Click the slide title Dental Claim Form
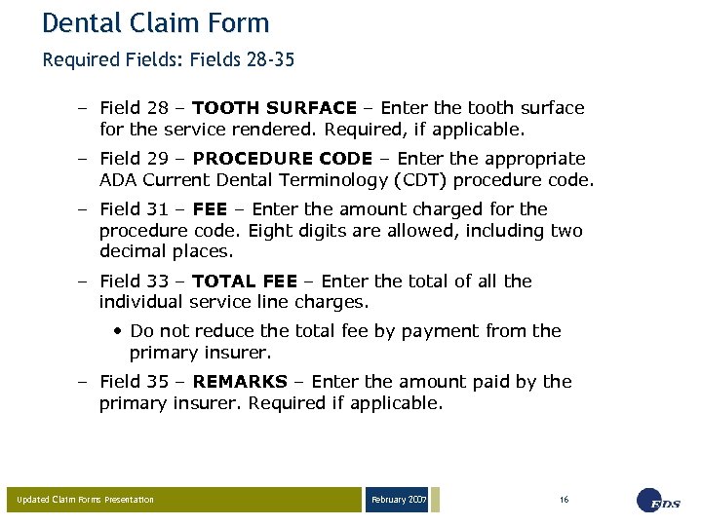click(x=156, y=22)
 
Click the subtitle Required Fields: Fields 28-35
click(x=169, y=60)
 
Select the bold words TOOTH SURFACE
click(x=275, y=108)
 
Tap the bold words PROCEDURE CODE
click(x=283, y=159)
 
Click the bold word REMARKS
click(x=240, y=382)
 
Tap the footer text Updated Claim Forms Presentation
click(x=86, y=500)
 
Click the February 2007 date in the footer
click(x=398, y=500)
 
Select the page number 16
click(x=565, y=500)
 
